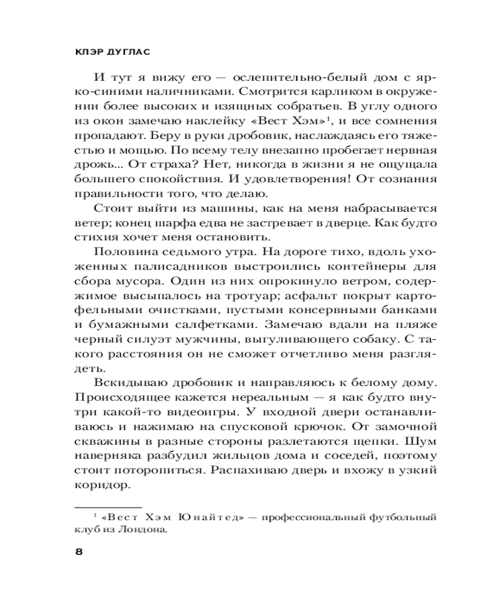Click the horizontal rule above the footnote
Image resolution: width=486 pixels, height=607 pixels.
(x=107, y=506)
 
